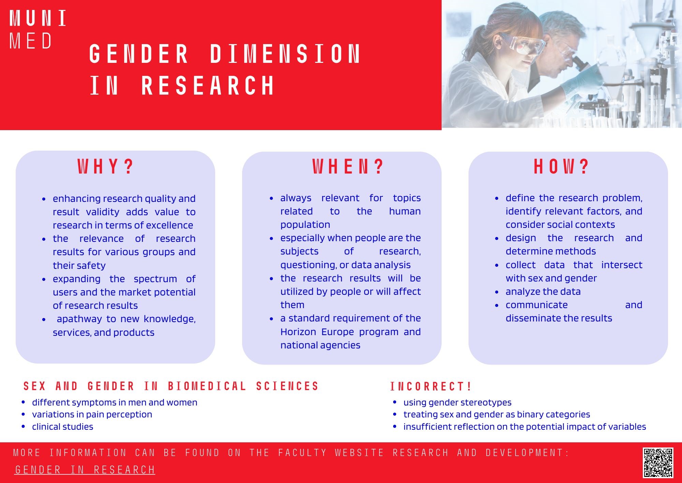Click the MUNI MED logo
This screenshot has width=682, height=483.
pos(38,29)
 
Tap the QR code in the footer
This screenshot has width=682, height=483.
pos(658,463)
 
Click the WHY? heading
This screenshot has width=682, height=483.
pos(105,167)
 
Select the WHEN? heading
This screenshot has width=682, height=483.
pos(348,167)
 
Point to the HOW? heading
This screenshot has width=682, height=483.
pos(561,167)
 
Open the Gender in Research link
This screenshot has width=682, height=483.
pos(85,470)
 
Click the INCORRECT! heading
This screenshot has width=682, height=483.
pos(431,386)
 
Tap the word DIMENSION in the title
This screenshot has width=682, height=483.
pos(285,54)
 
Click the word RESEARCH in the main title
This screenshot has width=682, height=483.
pos(208,85)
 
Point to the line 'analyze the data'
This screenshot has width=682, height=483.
pos(543,291)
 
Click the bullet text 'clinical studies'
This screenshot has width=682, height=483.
pos(62,427)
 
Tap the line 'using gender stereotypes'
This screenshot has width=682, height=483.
pos(457,403)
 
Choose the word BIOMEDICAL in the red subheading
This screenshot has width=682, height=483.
pos(207,386)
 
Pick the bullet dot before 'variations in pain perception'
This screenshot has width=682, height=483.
pos(23,415)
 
